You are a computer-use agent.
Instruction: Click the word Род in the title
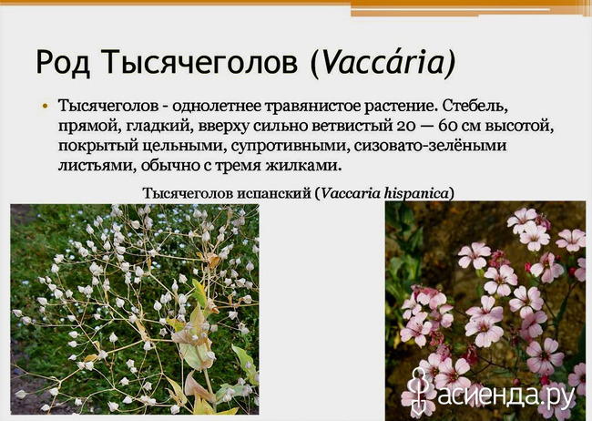pos(63,62)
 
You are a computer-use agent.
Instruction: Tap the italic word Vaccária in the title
pos(382,62)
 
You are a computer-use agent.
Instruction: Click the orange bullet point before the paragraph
pos(46,107)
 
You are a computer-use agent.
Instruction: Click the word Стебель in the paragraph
pos(474,107)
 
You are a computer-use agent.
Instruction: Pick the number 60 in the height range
pos(448,126)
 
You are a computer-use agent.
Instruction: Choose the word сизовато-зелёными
pos(431,146)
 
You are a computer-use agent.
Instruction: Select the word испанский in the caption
pos(274,193)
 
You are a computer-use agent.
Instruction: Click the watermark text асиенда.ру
pos(505,394)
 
